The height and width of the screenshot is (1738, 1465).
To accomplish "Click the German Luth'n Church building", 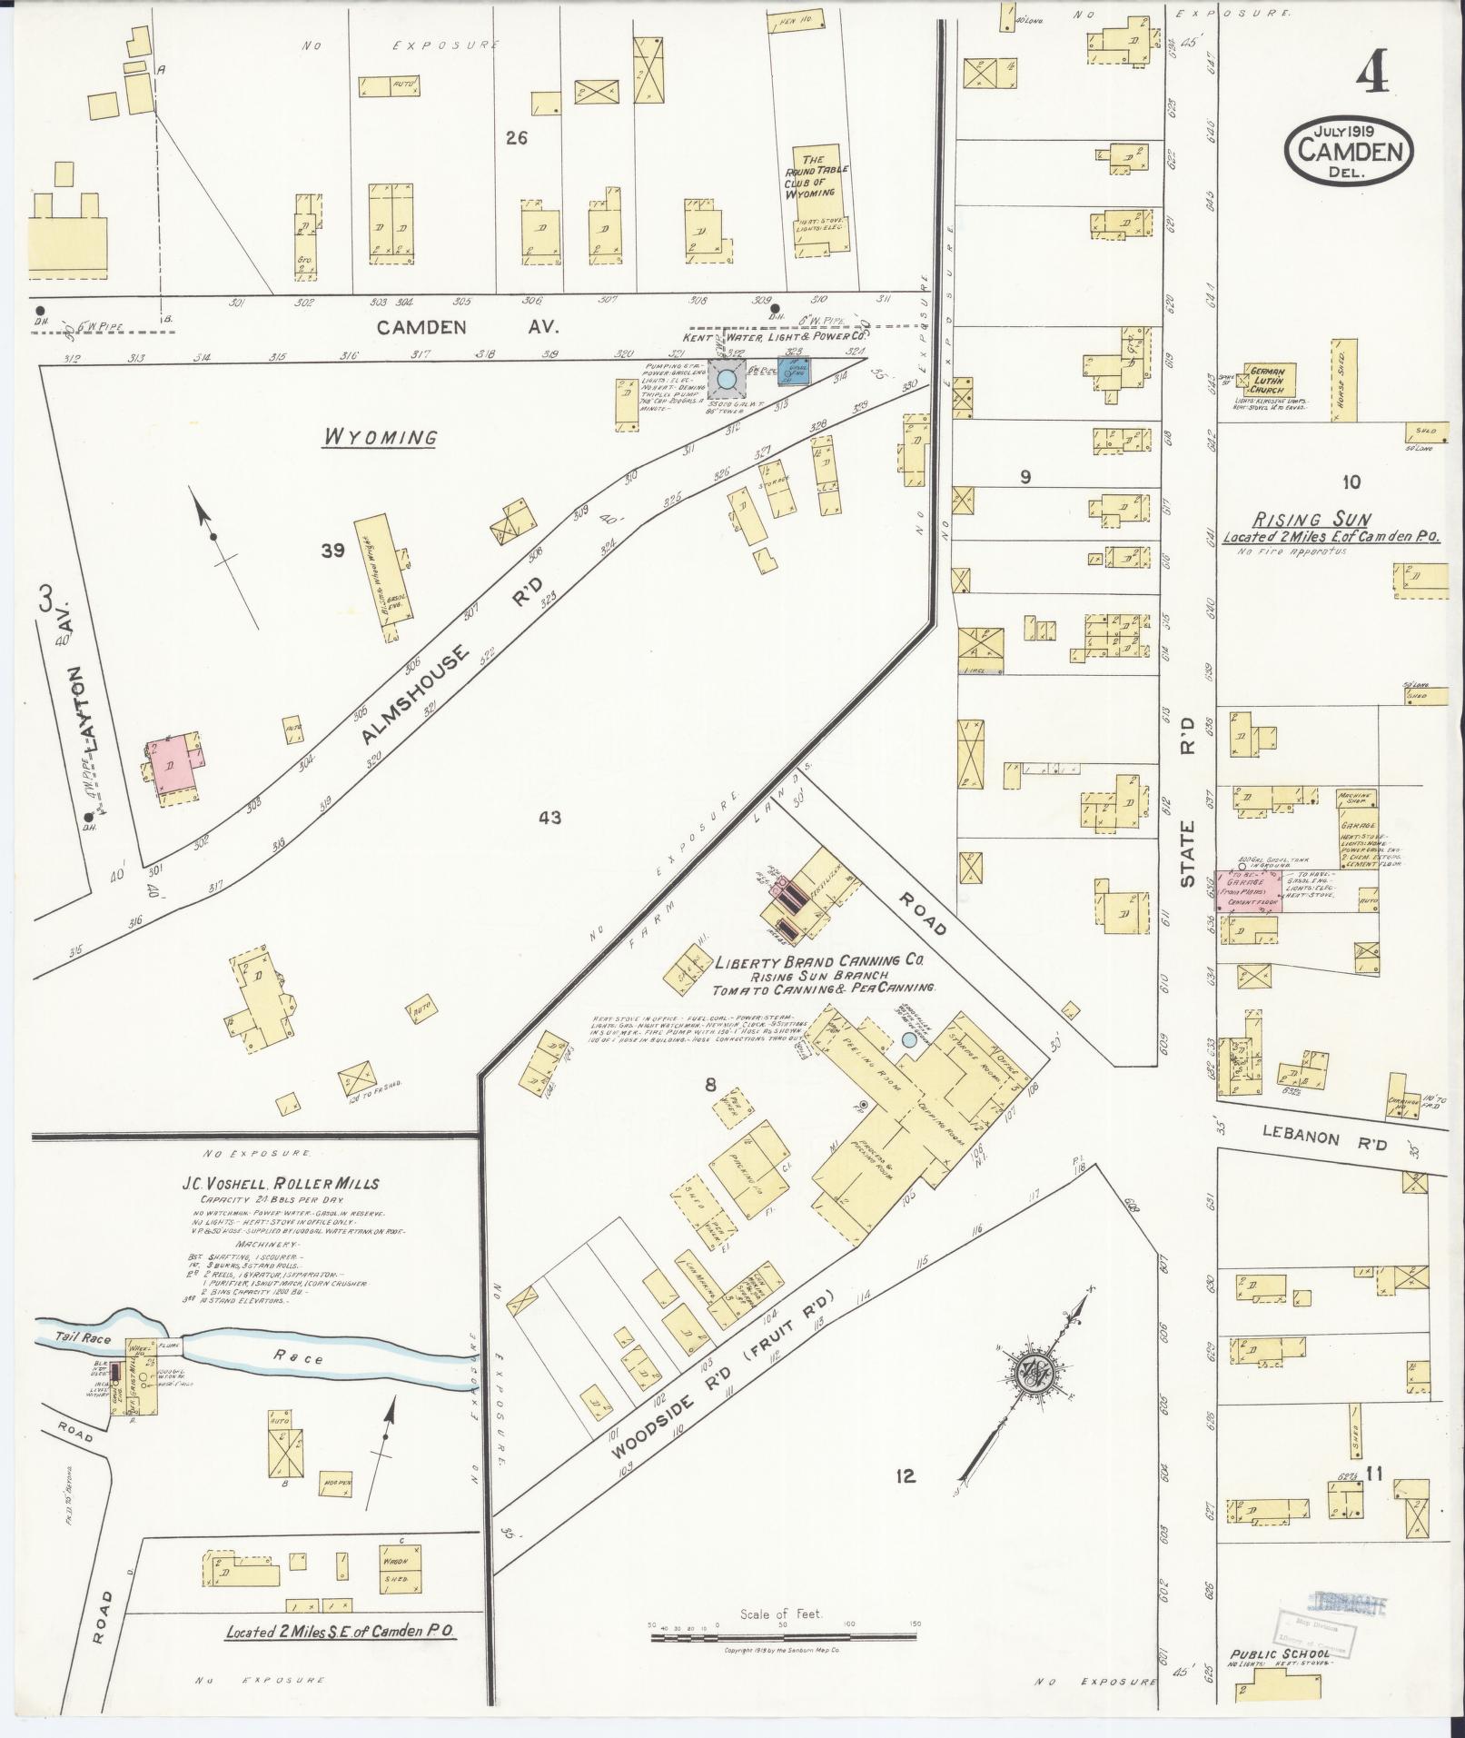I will click(1272, 381).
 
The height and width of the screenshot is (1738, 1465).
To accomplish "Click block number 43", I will click(549, 818).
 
